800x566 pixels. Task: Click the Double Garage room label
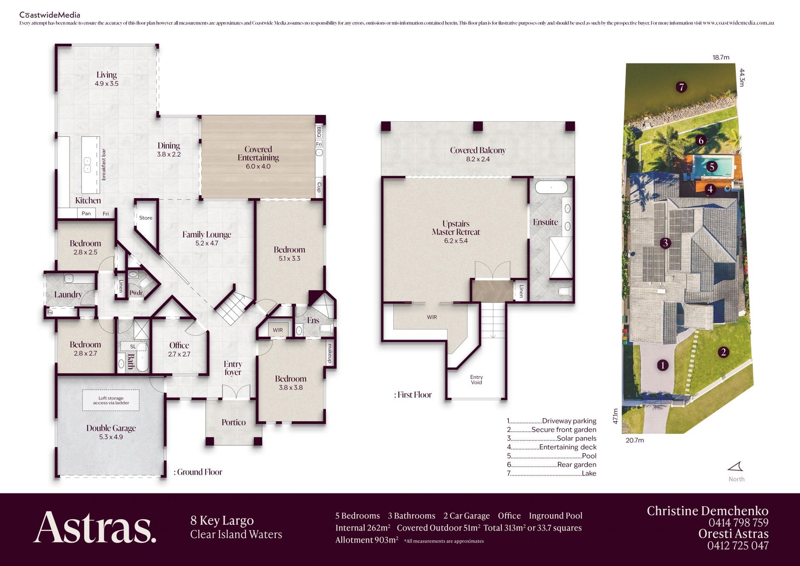click(111, 428)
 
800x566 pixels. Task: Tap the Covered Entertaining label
click(258, 153)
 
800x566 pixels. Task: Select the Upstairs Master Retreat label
click(456, 228)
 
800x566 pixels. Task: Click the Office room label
click(179, 345)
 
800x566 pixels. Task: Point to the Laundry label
click(68, 294)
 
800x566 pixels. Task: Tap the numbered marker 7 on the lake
click(681, 87)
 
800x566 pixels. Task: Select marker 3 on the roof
click(665, 243)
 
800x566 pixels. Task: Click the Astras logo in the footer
click(95, 527)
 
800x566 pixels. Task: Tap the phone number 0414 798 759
click(738, 523)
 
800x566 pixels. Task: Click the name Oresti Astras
click(733, 534)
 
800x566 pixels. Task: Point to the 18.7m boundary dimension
click(721, 58)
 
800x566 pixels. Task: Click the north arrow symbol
click(735, 466)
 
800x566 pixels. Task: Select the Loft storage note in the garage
click(111, 400)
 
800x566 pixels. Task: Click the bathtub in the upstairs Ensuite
click(551, 187)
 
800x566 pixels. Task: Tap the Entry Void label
click(476, 380)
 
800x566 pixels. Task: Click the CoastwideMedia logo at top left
click(50, 15)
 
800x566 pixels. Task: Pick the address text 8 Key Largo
click(222, 521)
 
